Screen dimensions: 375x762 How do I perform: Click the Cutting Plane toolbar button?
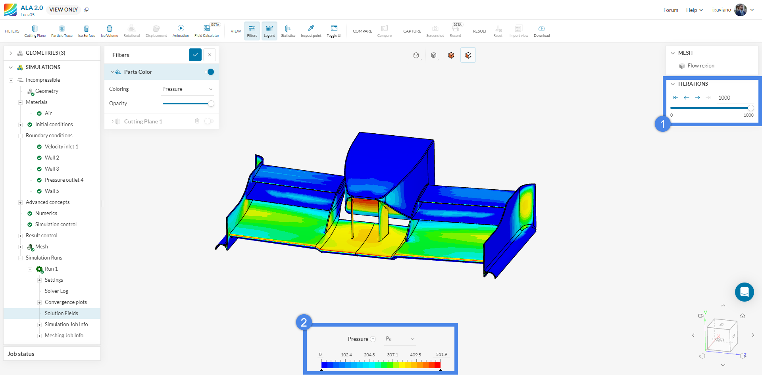35,31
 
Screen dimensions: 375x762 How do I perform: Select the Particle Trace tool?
62,31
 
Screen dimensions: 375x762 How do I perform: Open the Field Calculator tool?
207,31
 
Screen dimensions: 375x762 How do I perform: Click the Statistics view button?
288,31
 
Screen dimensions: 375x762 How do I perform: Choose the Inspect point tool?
311,31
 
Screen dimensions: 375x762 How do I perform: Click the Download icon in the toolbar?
542,31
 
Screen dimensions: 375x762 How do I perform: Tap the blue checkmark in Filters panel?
195,55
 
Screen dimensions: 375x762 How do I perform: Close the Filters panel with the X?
210,55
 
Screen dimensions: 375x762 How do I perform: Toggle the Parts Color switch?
210,72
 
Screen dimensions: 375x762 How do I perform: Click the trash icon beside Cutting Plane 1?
197,121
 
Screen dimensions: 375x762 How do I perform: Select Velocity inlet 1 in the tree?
62,146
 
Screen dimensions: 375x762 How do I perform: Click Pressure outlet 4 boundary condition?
64,180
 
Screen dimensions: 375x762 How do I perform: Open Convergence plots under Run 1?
66,302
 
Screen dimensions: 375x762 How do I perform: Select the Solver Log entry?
56,291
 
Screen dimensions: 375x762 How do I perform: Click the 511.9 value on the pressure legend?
441,354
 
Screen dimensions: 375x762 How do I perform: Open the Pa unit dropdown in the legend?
400,339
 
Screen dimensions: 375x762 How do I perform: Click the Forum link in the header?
671,10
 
